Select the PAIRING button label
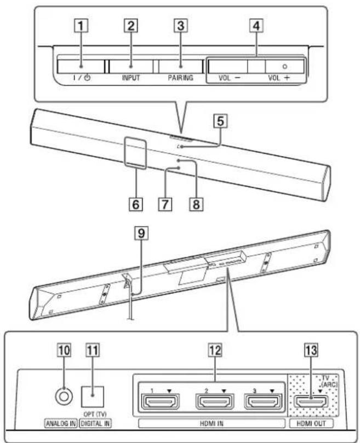coord(178,78)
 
